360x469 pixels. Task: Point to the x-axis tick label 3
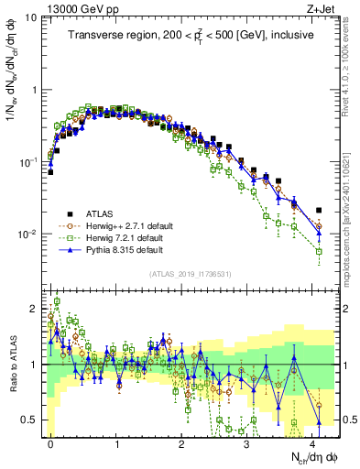point(247,442)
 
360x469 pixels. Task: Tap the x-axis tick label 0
point(50,442)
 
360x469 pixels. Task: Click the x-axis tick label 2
point(181,442)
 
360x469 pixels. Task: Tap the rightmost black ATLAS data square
point(319,210)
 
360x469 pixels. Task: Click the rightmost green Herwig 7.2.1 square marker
point(319,251)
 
